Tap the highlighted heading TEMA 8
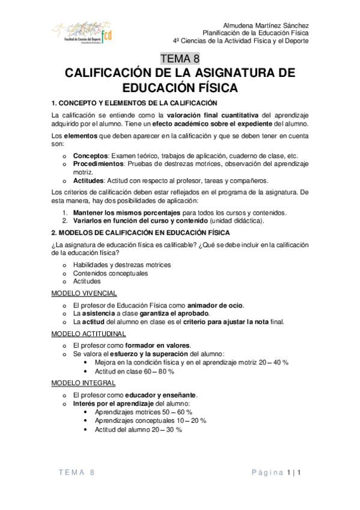180,59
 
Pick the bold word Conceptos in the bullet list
90,155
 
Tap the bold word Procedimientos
99,163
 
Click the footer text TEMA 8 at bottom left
76,473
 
